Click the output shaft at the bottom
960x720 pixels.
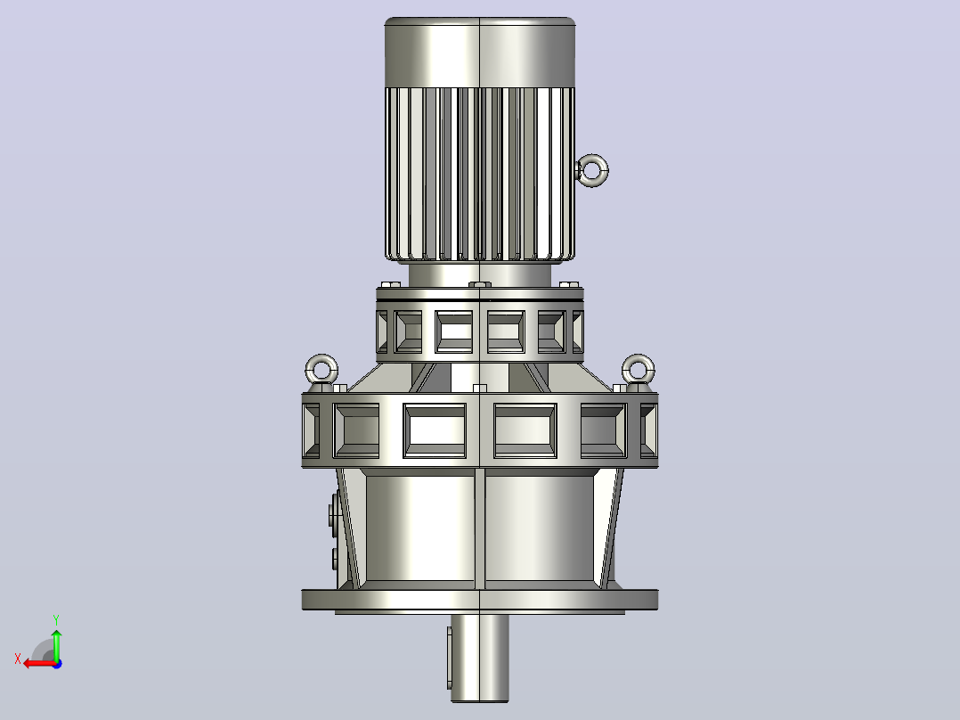pyautogui.click(x=480, y=658)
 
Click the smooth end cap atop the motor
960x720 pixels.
pyautogui.click(x=480, y=52)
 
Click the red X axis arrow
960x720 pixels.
pyautogui.click(x=40, y=664)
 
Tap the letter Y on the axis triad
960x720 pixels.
pyautogui.click(x=56, y=619)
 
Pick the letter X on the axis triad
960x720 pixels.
pyautogui.click(x=18, y=659)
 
